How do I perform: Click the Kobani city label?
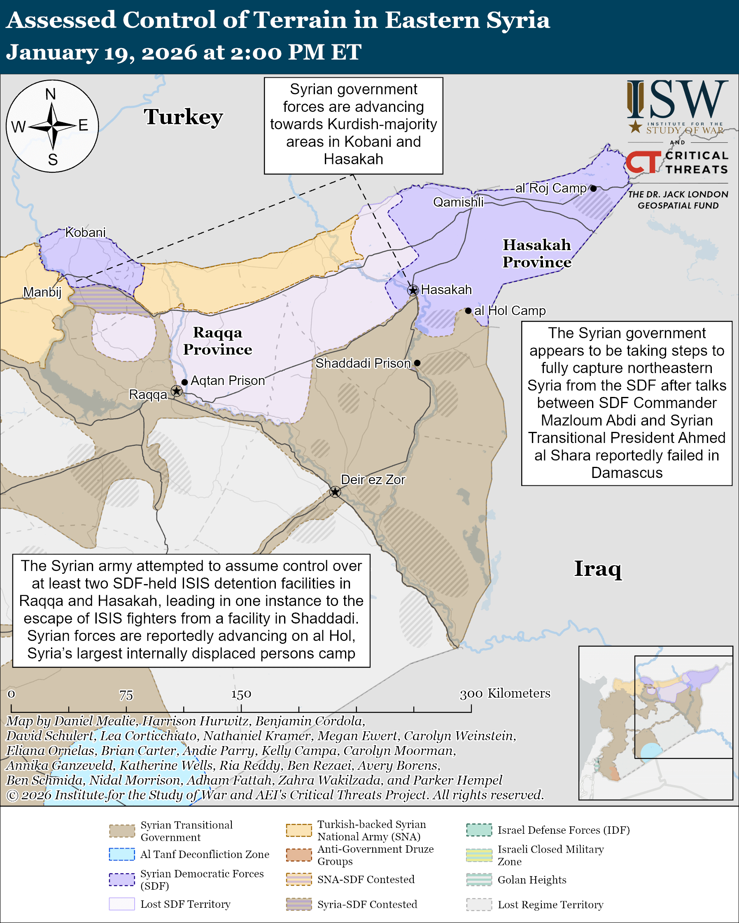(85, 232)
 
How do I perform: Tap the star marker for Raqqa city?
(177, 391)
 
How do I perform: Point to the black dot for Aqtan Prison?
(184, 382)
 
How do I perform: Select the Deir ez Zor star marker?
(335, 492)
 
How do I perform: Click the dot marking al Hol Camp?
(468, 311)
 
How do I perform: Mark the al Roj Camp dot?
(593, 188)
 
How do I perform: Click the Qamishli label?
(458, 202)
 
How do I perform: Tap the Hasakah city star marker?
(413, 290)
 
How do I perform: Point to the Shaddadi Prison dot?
(417, 363)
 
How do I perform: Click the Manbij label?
(42, 292)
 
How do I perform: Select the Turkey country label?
(183, 117)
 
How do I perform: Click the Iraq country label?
(598, 569)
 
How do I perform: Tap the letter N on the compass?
(51, 94)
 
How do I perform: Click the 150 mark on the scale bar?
(241, 694)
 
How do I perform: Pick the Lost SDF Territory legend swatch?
(122, 904)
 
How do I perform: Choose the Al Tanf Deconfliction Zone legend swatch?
(122, 854)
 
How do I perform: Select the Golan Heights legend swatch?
(479, 880)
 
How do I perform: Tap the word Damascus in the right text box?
(627, 473)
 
